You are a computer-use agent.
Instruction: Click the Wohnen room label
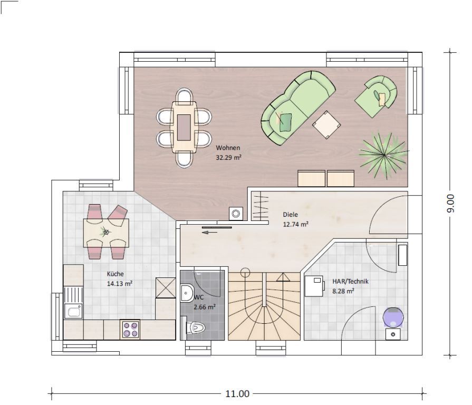point(228,148)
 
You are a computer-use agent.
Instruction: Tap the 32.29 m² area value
point(228,157)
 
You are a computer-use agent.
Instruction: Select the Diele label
point(290,215)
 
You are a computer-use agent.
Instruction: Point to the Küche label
point(115,274)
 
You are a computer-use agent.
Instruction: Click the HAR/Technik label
point(350,281)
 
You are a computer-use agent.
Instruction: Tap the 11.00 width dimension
point(237,393)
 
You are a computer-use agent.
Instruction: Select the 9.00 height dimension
point(450,204)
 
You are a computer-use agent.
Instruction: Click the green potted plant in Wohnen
point(384,155)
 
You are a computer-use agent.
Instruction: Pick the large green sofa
point(298,108)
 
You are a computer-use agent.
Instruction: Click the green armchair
point(376,97)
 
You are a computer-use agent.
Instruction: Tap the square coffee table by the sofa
point(326,125)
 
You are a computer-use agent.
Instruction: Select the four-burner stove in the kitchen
point(131,329)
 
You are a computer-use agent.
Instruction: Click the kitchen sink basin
point(73,312)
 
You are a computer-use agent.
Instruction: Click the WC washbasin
point(187,293)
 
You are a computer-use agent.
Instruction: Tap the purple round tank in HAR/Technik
point(393,317)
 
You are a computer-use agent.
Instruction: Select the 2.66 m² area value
point(205,307)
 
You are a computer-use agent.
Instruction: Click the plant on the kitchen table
point(105,232)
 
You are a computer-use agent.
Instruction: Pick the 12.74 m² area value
point(296,224)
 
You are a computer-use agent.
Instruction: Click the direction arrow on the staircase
point(283,277)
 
